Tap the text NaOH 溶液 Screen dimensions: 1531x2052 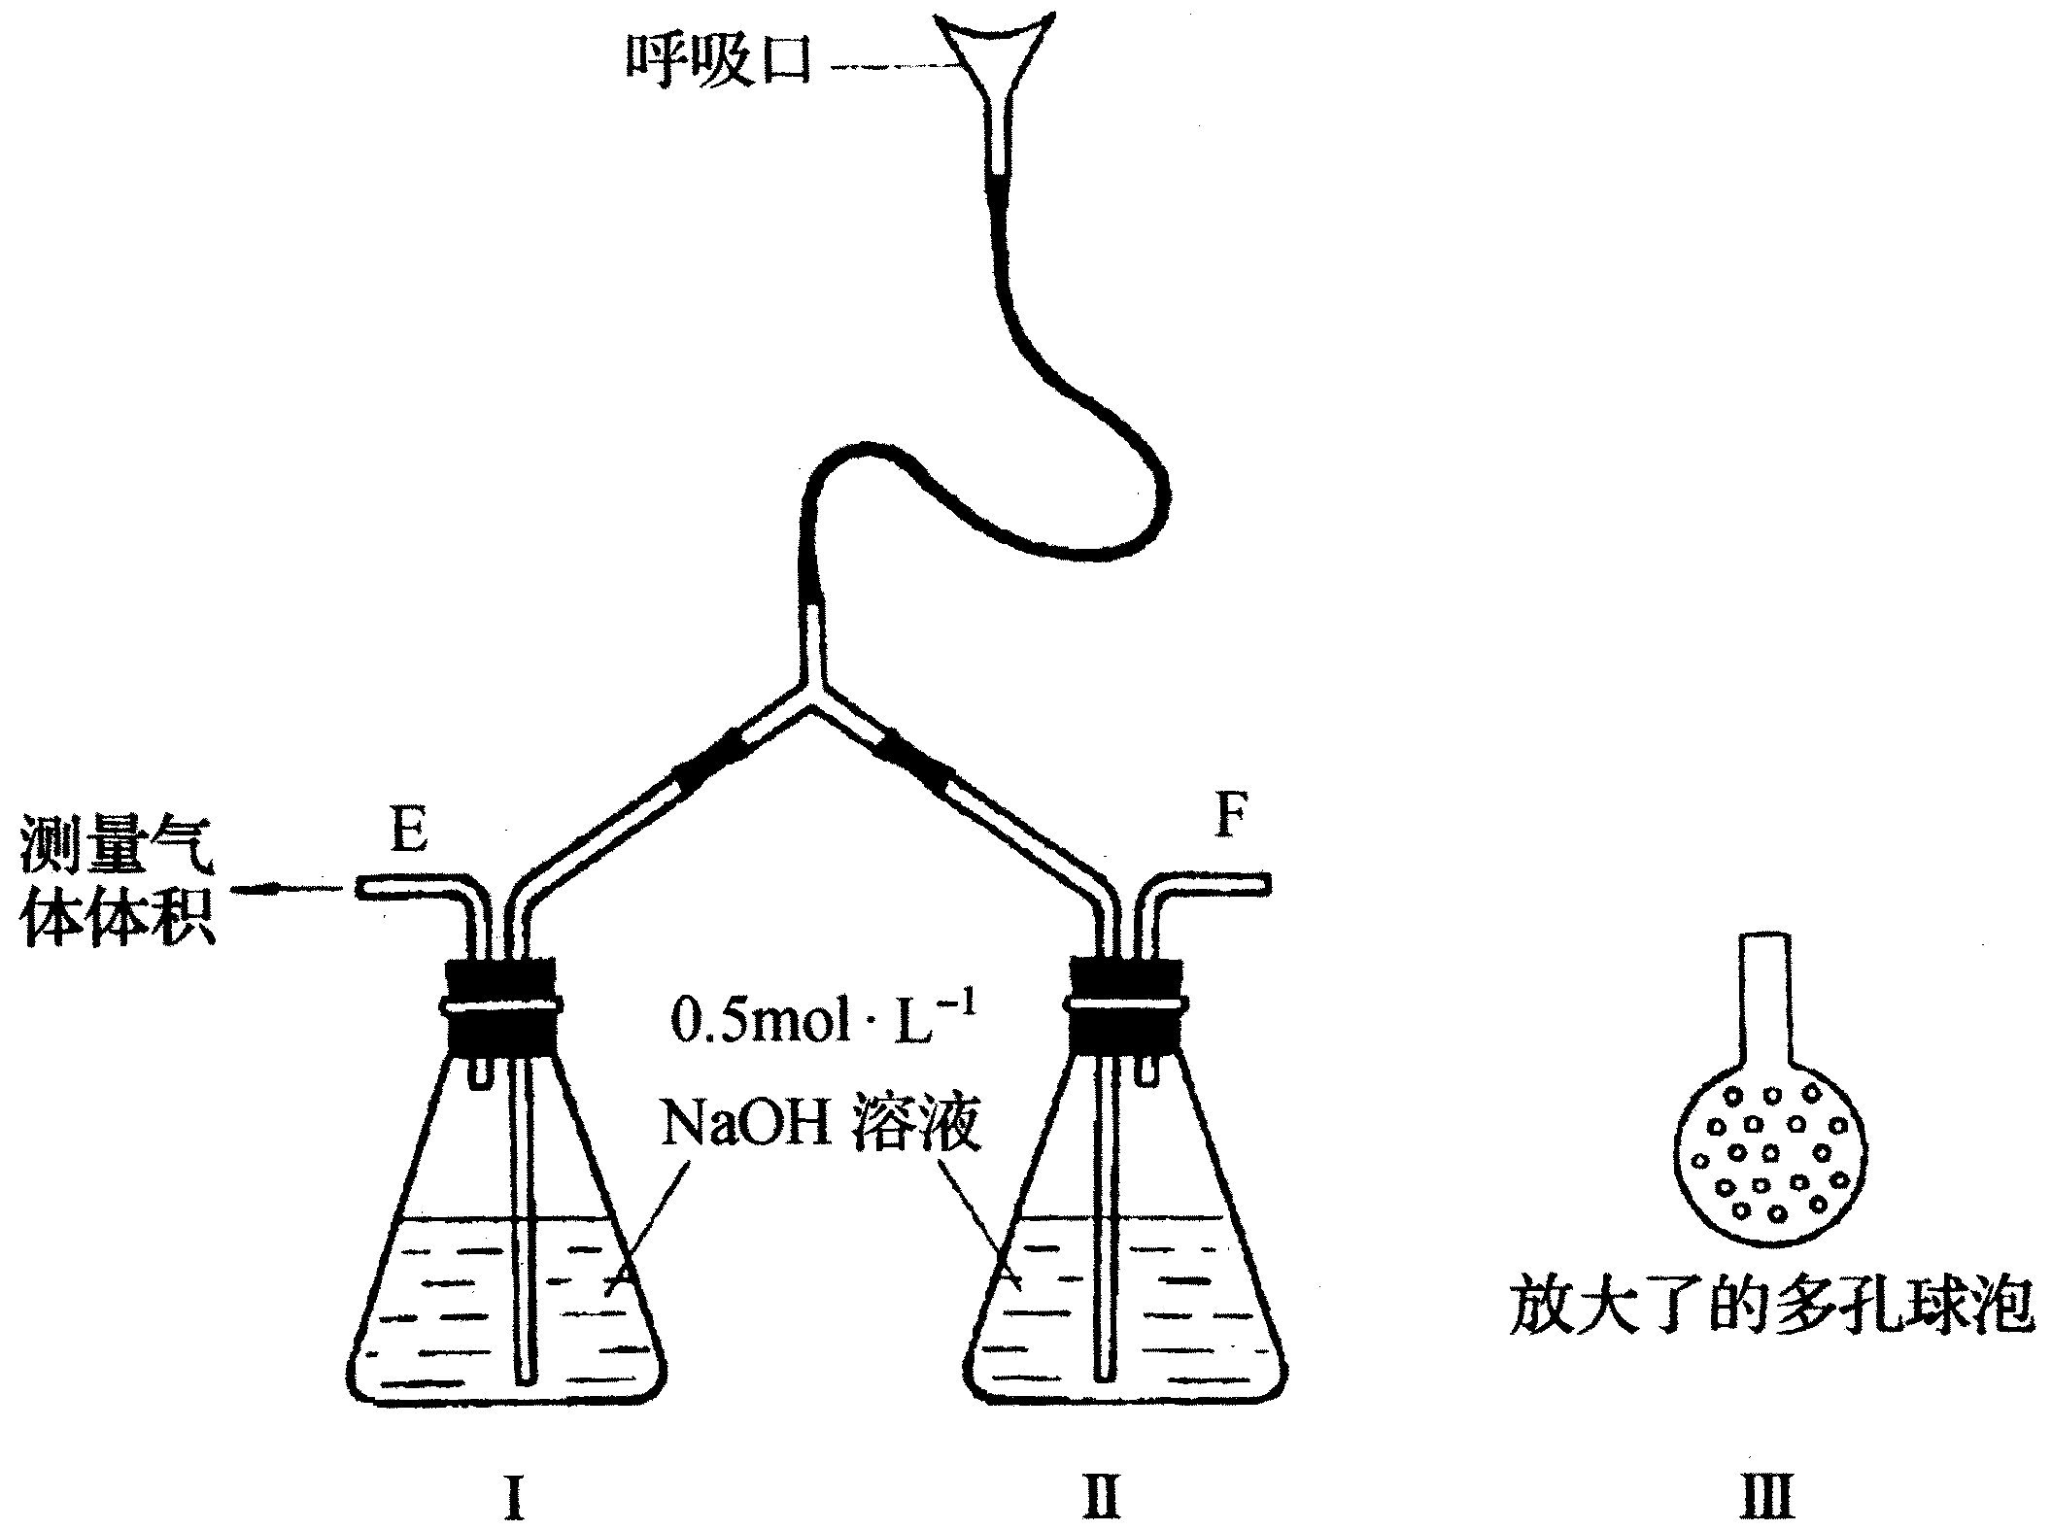[819, 1125]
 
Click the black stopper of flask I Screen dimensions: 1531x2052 [501, 1004]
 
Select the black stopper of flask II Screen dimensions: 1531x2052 [1126, 1004]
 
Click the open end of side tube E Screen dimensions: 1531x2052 [359, 886]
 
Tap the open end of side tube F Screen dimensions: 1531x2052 [1267, 884]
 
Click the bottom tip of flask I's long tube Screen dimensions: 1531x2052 [525, 1378]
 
